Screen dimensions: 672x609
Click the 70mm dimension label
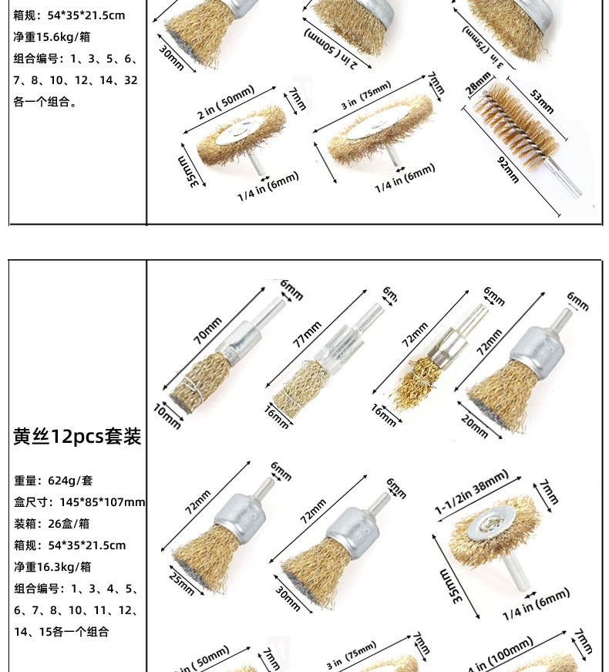click(x=207, y=330)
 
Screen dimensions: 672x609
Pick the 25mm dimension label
click(x=182, y=586)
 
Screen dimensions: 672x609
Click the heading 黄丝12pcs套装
click(x=77, y=437)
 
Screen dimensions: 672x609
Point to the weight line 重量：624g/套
click(x=53, y=480)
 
